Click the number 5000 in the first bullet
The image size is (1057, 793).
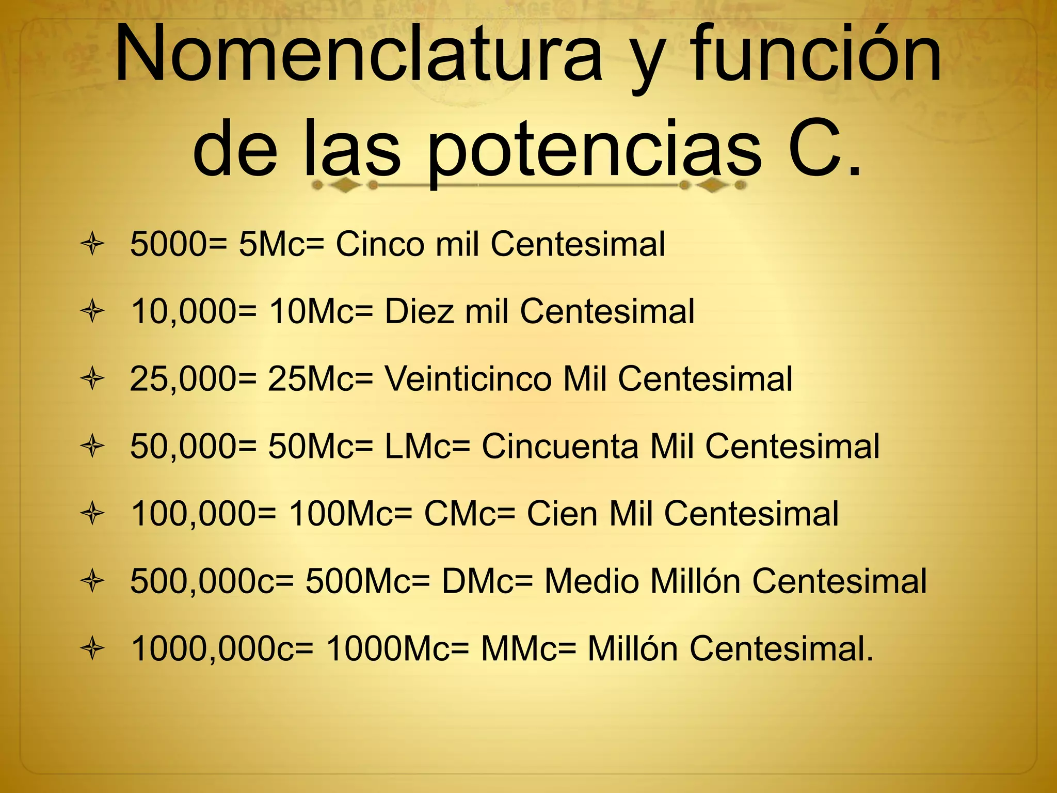pyautogui.click(x=168, y=244)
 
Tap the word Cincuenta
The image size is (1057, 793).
pyautogui.click(x=559, y=446)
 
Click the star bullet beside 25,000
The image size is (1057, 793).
pyautogui.click(x=92, y=379)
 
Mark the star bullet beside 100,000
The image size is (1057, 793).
pyautogui.click(x=92, y=514)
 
